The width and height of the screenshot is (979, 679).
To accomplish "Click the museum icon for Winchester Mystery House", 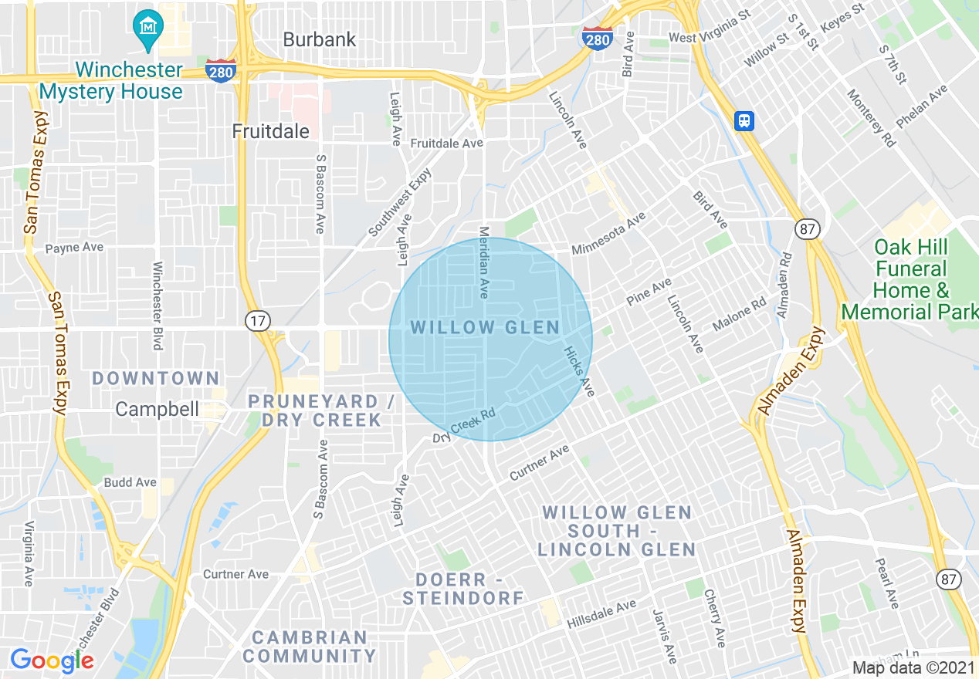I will [x=146, y=25].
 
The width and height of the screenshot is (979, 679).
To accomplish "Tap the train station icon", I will [x=744, y=120].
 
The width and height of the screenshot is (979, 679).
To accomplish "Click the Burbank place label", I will [x=320, y=39].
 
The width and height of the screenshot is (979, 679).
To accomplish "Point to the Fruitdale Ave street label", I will [x=446, y=144].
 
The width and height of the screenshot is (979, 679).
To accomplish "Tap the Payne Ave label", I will [x=74, y=248].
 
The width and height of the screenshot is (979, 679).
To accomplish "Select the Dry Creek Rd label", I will [x=463, y=426].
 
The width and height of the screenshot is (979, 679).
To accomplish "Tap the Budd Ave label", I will [x=130, y=482].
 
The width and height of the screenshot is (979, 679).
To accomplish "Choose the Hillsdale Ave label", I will [x=601, y=614].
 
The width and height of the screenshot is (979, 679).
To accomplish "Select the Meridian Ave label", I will [x=485, y=262].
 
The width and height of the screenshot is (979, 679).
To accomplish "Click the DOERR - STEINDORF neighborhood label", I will [x=462, y=588].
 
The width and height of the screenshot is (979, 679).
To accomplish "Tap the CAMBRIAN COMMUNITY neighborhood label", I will [x=313, y=647].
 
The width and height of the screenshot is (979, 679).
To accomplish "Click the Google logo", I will [x=52, y=660].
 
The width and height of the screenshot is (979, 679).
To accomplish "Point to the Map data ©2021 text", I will [x=913, y=667].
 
